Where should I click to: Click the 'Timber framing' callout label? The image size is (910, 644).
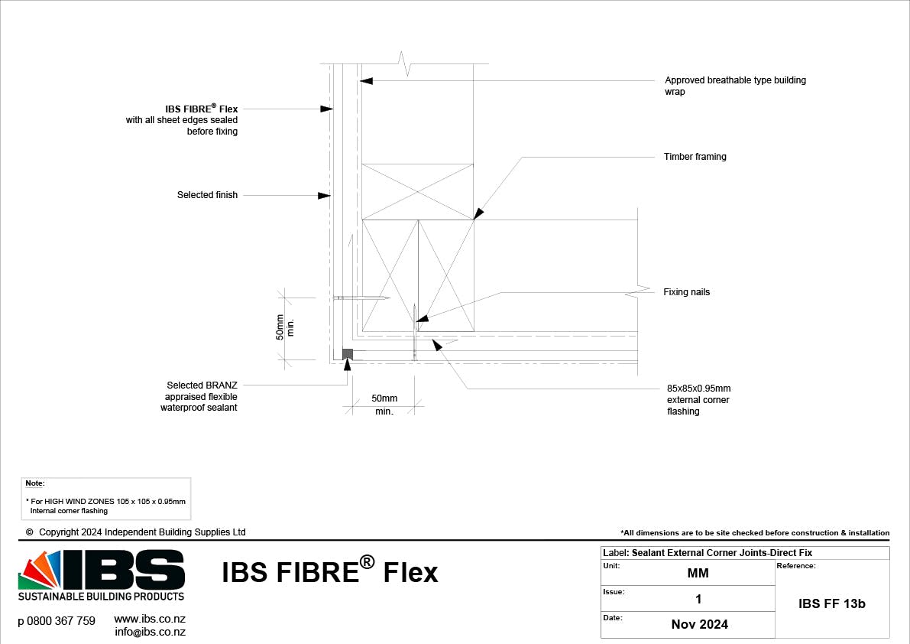pyautogui.click(x=695, y=157)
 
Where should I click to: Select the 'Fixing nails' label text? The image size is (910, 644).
pyautogui.click(x=686, y=292)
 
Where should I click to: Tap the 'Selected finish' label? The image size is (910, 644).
pyautogui.click(x=207, y=195)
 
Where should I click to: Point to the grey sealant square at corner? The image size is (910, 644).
pyautogui.click(x=347, y=353)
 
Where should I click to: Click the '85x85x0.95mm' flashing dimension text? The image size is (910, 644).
pyautogui.click(x=698, y=389)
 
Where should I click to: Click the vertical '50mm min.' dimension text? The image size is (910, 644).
pyautogui.click(x=284, y=327)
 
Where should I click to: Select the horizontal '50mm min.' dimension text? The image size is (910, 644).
pyautogui.click(x=384, y=405)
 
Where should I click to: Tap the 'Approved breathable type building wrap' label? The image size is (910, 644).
pyautogui.click(x=735, y=86)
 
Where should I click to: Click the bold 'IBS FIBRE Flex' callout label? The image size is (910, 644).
pyautogui.click(x=201, y=109)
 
